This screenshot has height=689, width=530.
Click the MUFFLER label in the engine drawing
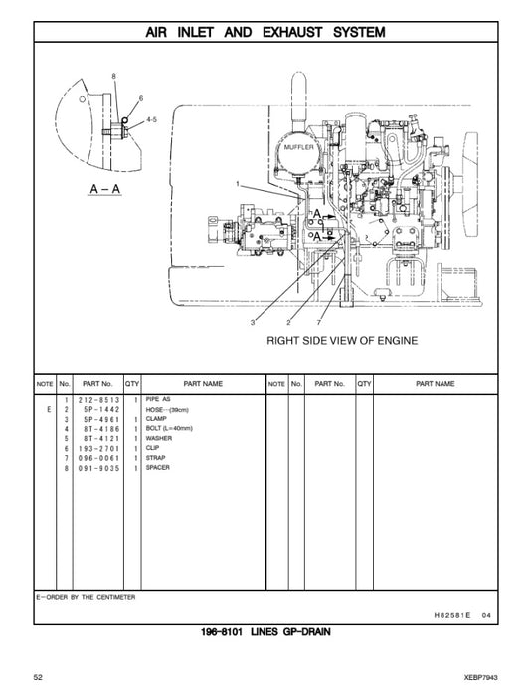pos(298,146)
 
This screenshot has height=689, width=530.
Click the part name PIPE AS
pos(159,398)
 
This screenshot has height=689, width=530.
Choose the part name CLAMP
pos(157,418)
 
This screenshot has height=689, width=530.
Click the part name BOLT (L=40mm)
pos(168,428)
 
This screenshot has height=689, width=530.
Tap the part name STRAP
pos(157,457)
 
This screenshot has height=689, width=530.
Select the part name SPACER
pos(158,467)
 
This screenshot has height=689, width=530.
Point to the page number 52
pos(38,677)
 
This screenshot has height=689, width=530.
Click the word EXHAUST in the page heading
pos(295,32)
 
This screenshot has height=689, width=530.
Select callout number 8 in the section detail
pos(114,77)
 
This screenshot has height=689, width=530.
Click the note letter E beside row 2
pos(48,409)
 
